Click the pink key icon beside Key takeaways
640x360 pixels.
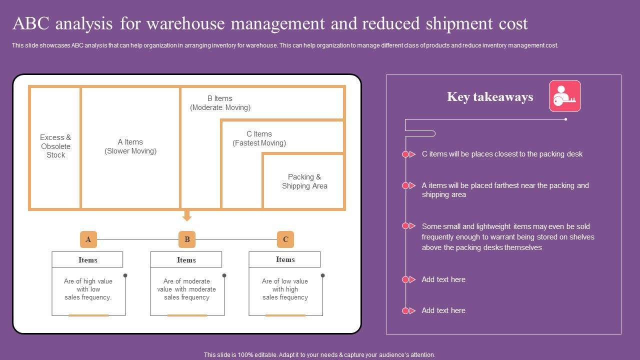(x=564, y=96)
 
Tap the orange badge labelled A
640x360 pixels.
(x=88, y=239)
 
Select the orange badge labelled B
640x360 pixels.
(x=187, y=239)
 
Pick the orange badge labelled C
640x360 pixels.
(x=285, y=239)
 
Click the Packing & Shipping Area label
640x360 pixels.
(x=304, y=181)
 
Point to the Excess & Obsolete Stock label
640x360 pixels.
(x=55, y=146)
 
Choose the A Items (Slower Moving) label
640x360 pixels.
(x=130, y=146)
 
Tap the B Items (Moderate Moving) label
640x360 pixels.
(x=220, y=103)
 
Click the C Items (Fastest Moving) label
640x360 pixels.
(x=259, y=138)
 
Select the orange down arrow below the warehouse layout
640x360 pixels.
(x=187, y=215)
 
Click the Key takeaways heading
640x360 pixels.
(x=490, y=97)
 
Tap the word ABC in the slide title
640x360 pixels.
(x=31, y=23)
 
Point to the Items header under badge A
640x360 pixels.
(x=87, y=259)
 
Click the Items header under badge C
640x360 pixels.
(x=285, y=259)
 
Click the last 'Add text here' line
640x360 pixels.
(x=443, y=310)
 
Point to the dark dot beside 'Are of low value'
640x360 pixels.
(x=322, y=275)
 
